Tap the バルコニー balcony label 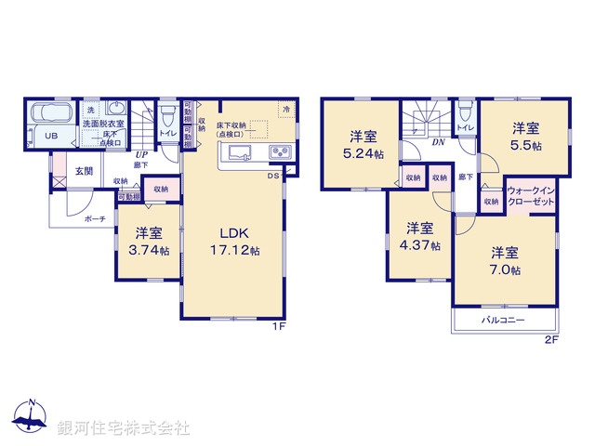[x=503, y=320]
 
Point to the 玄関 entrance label [x=85, y=170]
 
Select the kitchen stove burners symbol [x=279, y=152]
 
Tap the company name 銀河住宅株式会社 [x=124, y=427]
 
